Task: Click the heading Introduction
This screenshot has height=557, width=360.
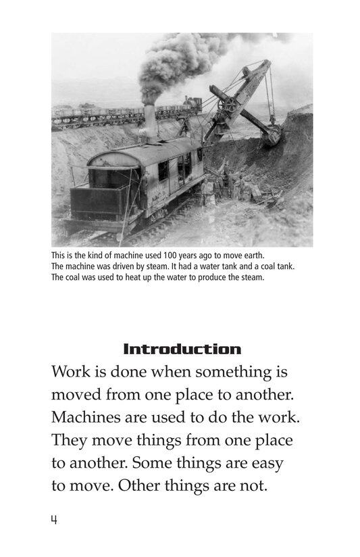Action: pos(182,349)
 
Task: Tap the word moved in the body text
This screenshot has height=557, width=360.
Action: pos(74,396)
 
